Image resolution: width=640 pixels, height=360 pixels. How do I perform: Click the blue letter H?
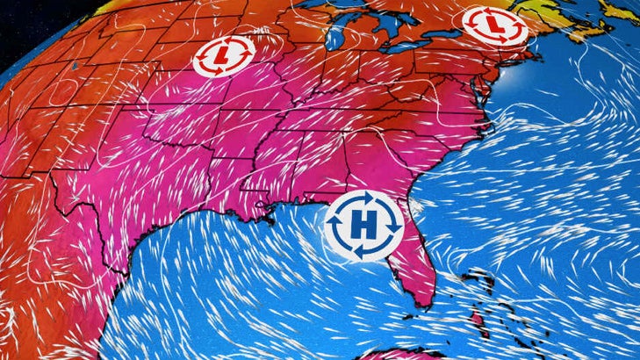point(363,226)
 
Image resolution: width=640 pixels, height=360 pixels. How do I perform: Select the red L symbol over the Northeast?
point(493,27)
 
